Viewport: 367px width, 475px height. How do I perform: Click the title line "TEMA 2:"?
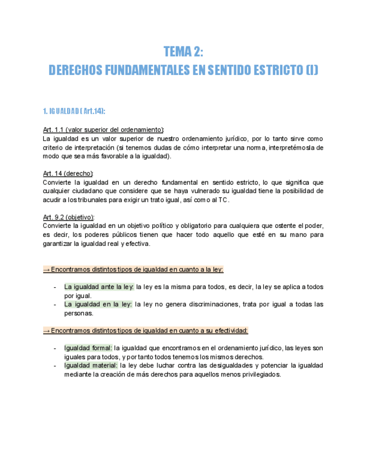(183, 52)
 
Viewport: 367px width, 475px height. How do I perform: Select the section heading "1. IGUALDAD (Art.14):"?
(74, 111)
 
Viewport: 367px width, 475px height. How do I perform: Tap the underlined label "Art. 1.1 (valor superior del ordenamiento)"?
(103, 130)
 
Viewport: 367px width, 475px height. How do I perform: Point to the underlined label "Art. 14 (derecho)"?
(68, 174)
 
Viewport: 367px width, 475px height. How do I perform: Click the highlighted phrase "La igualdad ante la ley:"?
(99, 287)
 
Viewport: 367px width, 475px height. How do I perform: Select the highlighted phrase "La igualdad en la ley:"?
(98, 304)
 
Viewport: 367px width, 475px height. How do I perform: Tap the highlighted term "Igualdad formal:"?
(88, 348)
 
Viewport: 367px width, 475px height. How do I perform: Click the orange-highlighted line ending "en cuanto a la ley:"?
(133, 269)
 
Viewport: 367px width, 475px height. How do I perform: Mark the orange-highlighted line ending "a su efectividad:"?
(146, 330)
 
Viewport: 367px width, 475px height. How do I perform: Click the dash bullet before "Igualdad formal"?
(55, 348)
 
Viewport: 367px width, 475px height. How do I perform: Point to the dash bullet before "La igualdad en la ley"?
(55, 304)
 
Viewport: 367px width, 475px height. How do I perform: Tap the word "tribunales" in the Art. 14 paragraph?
(104, 200)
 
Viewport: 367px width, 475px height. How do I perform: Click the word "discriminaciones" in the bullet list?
(211, 304)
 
